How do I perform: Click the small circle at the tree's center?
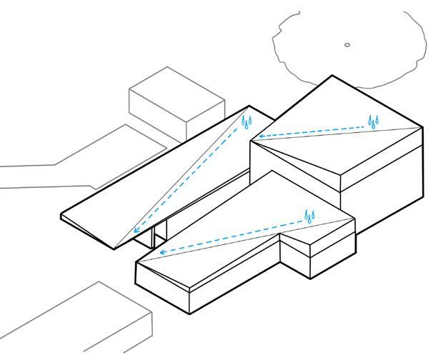click(x=347, y=45)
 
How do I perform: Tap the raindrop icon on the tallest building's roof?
click(x=374, y=121)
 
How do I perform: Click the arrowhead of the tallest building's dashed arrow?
click(x=261, y=136)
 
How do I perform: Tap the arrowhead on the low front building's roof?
click(x=162, y=252)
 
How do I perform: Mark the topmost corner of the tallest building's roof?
click(x=331, y=75)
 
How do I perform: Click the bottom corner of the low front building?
click(x=188, y=314)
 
